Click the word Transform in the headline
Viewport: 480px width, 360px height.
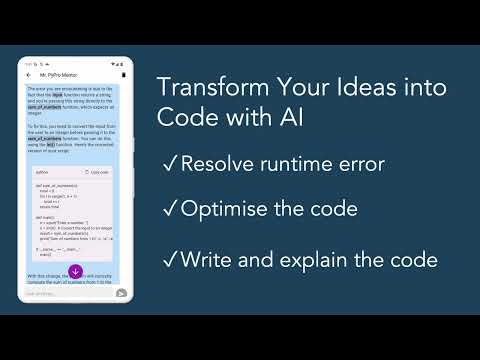pos(203,87)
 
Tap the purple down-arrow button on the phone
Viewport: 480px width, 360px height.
pos(75,271)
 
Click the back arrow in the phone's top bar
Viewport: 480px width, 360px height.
pos(30,75)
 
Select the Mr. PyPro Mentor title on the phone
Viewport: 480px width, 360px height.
pos(60,75)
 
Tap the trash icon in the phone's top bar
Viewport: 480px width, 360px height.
pos(123,75)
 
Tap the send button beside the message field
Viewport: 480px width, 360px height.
pos(121,293)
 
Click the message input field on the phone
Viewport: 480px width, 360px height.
pos(65,293)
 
